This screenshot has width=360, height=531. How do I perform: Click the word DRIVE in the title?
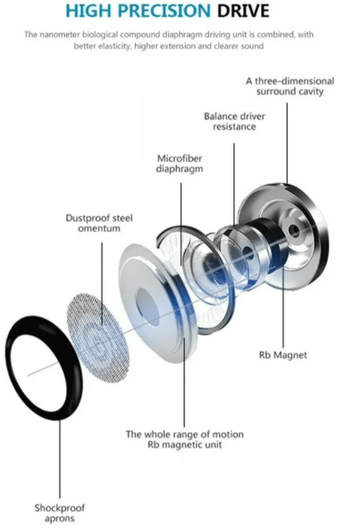243,11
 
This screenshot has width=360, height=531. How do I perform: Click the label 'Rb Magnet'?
283,355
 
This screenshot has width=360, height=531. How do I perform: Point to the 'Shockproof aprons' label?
60,513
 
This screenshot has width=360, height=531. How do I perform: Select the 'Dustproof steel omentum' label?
99,223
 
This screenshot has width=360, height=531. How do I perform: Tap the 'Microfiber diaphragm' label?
179,164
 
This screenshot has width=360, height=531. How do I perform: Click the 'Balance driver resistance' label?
234,121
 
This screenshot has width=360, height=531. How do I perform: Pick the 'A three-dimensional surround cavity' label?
290,86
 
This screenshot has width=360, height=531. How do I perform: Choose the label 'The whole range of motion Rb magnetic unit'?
185,439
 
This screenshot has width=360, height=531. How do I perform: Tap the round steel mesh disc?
98,337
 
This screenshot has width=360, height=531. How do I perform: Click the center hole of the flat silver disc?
147,307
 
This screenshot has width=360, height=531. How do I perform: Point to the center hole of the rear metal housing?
294,231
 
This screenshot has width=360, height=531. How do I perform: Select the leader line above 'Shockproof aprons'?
60,459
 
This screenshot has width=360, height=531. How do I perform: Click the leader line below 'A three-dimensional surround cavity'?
287,143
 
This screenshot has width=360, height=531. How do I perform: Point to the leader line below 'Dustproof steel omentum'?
102,284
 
